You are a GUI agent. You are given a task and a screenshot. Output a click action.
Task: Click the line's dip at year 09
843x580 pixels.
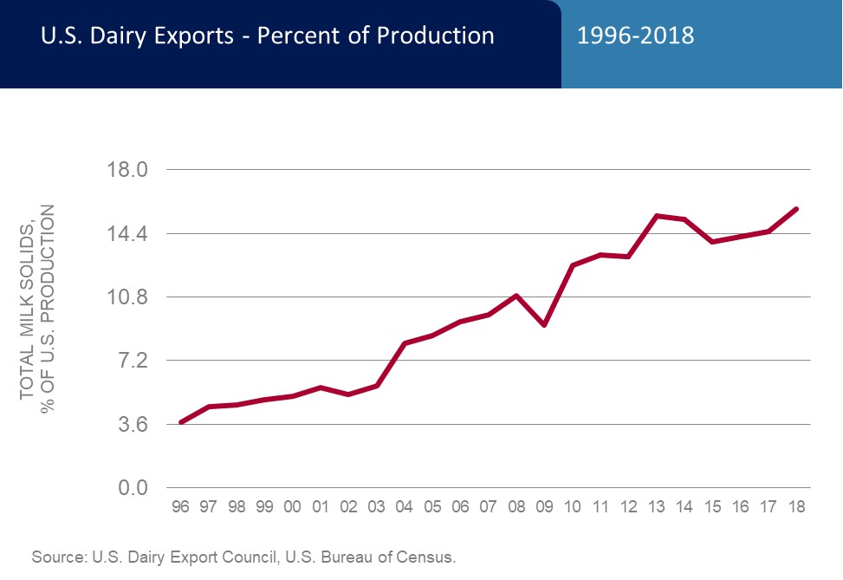544,325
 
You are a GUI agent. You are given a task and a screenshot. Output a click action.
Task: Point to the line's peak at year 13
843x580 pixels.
656,215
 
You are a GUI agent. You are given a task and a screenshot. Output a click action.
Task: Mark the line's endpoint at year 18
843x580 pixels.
796,209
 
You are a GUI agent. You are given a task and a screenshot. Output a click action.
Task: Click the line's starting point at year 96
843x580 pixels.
180,422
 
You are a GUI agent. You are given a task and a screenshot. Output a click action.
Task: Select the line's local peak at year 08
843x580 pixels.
516,296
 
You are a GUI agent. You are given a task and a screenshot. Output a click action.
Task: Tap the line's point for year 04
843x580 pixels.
405,343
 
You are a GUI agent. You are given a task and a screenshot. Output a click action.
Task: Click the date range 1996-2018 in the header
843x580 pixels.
635,36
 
